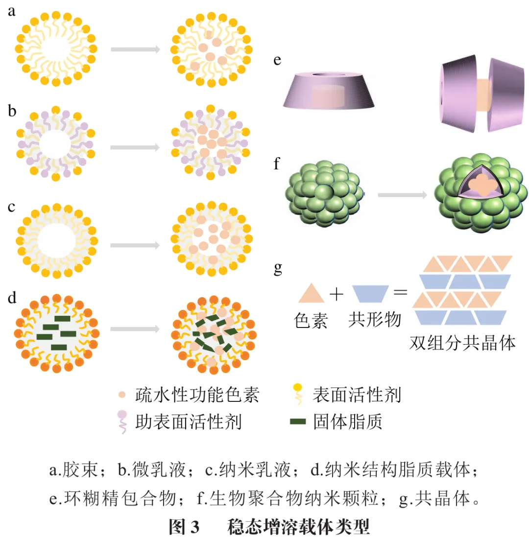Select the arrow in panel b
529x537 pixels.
click(x=135, y=147)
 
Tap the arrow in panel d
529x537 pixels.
click(x=135, y=328)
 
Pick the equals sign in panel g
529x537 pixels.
click(x=400, y=294)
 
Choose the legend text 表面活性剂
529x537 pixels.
click(x=357, y=395)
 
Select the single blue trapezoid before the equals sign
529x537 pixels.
click(x=370, y=294)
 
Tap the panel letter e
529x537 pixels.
click(x=277, y=61)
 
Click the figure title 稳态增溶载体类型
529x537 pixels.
click(x=298, y=526)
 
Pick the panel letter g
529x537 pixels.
click(x=278, y=268)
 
